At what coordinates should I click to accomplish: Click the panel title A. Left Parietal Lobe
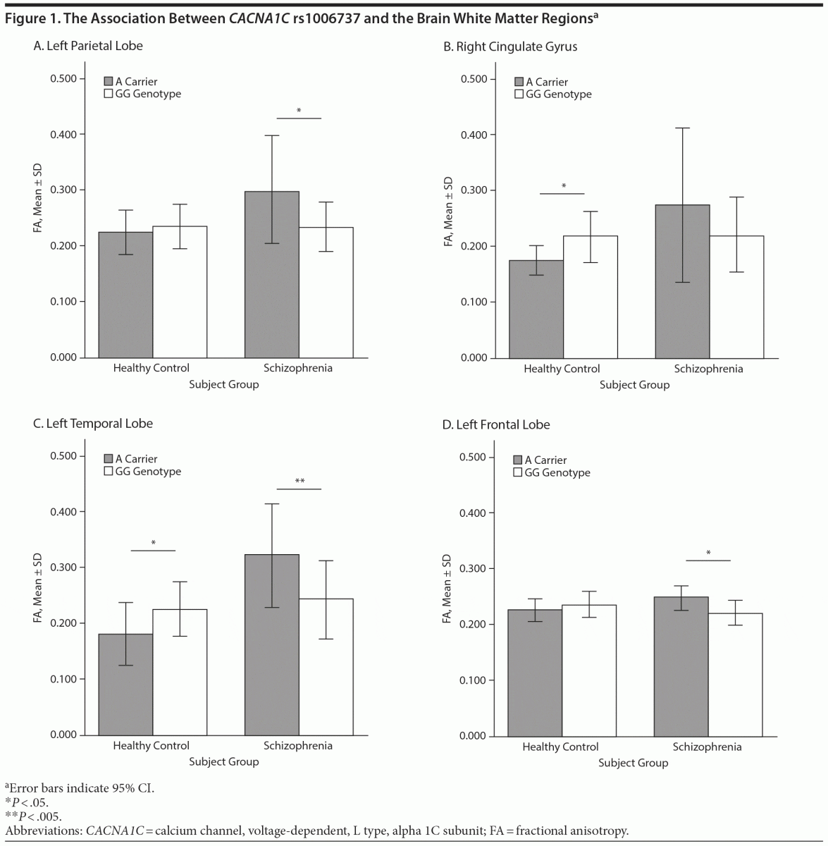[x=88, y=46]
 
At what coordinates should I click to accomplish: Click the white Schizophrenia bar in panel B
[x=736, y=297]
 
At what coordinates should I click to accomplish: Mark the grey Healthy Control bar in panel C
[x=125, y=684]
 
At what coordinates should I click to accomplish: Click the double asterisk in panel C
[x=299, y=482]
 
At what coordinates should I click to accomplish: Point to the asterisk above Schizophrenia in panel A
[x=299, y=111]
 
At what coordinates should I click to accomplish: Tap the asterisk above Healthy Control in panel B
[x=563, y=186]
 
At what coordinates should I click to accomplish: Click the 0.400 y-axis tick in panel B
[x=474, y=135]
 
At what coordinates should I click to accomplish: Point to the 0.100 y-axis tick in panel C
[x=63, y=679]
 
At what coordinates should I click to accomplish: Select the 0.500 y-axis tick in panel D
[x=473, y=457]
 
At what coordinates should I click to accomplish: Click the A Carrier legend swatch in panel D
[x=518, y=460]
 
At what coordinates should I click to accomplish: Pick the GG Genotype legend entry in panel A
[x=142, y=94]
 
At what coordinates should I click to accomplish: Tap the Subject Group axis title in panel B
[x=634, y=385]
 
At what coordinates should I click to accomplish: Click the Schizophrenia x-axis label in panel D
[x=707, y=747]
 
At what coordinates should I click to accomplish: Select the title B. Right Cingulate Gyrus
[x=510, y=47]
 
